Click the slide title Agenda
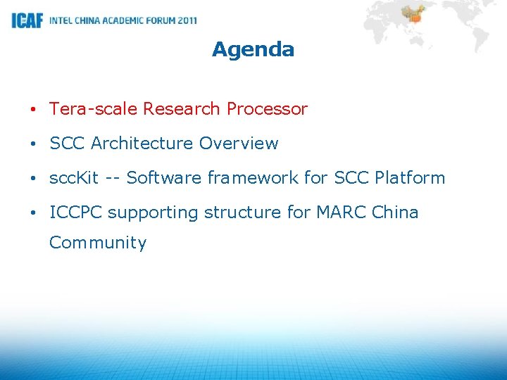[x=253, y=49]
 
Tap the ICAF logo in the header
[x=27, y=20]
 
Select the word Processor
[x=267, y=109]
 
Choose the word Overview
[x=239, y=144]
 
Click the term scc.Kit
[x=74, y=178]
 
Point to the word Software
[x=159, y=178]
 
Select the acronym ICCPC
[x=76, y=213]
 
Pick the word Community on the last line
[x=98, y=243]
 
